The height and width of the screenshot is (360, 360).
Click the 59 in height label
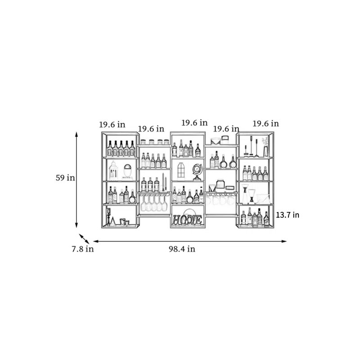pos(65,178)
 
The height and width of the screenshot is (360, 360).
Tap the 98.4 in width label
pos(182,249)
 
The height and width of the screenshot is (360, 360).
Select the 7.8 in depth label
pos(83,249)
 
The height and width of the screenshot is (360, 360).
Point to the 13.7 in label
pos(288,215)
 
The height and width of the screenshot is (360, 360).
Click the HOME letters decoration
pos(187,220)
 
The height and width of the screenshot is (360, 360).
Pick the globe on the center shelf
pos(197,172)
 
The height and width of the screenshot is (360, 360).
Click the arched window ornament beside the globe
pos(181,170)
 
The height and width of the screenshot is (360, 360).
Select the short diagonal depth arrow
pos(84,239)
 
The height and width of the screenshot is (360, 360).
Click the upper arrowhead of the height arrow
pos(76,134)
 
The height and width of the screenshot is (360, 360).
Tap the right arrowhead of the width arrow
pos(284,241)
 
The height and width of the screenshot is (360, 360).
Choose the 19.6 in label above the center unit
pos(194,123)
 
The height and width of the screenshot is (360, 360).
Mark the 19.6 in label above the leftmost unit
pos(112,125)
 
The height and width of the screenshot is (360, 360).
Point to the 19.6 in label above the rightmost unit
pos(266,123)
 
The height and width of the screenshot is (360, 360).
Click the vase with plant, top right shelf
pos(265,147)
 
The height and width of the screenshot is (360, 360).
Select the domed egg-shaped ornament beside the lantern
pos(128,171)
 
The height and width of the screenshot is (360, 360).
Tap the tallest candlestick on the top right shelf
pos(251,145)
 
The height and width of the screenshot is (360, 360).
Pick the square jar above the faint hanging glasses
pos(220,184)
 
